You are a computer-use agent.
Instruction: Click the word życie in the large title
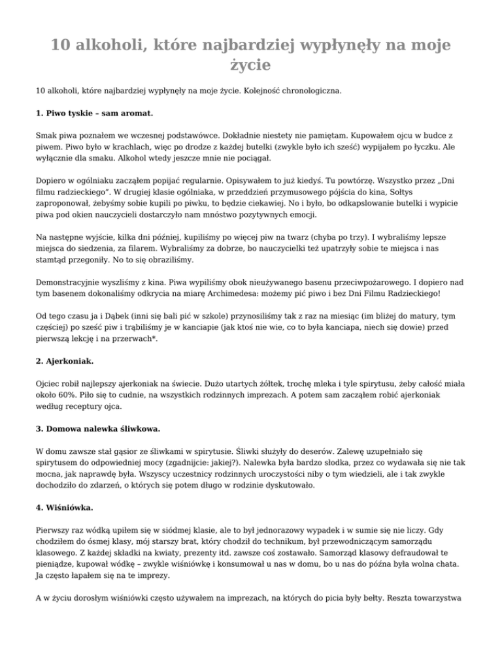click(x=250, y=65)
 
